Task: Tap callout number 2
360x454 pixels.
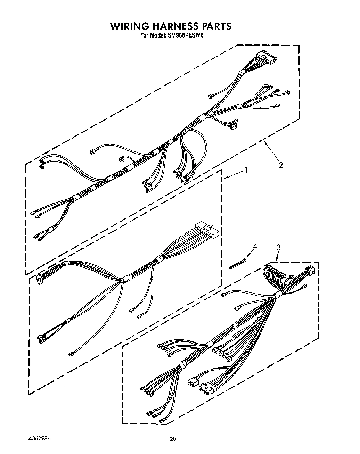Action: (280, 165)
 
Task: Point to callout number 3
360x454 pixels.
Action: (278, 247)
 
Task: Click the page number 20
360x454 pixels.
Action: (173, 439)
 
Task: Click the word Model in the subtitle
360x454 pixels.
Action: (158, 35)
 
